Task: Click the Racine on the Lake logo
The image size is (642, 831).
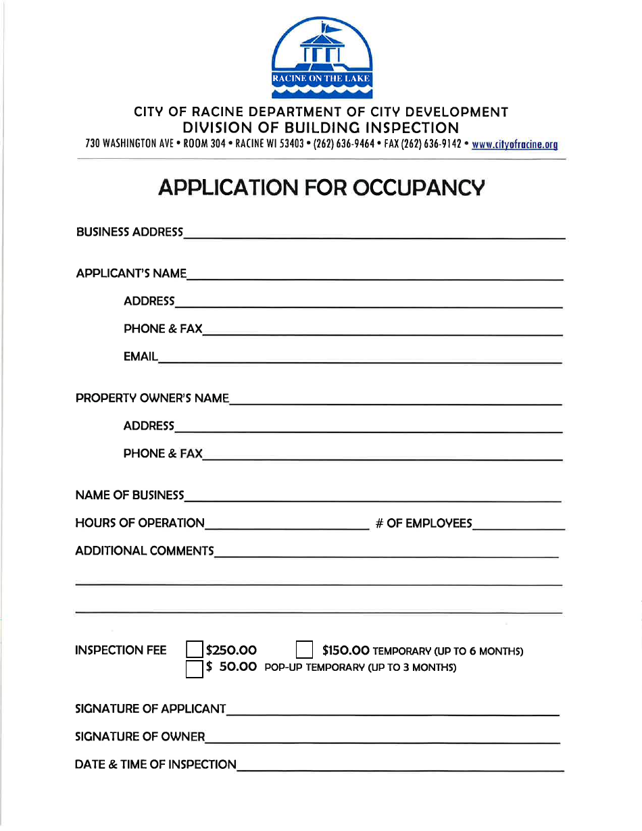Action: [322, 59]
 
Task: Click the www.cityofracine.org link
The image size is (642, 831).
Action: [514, 144]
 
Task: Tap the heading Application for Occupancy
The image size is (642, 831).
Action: [321, 187]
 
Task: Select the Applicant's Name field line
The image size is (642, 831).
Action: [375, 275]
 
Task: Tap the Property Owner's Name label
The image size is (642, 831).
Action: [152, 399]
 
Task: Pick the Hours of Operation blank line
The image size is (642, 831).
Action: [287, 525]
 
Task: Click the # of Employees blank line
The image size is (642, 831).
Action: [518, 525]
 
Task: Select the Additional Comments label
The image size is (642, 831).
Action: [144, 551]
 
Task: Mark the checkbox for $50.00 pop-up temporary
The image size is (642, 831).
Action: [195, 668]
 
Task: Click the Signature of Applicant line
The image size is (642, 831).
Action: [393, 710]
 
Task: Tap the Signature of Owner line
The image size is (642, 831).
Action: [382, 738]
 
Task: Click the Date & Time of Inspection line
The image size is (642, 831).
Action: [400, 766]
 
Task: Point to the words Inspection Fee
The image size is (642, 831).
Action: [121, 651]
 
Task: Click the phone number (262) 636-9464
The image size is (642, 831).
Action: [345, 144]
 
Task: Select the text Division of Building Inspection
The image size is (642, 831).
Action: [321, 128]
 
